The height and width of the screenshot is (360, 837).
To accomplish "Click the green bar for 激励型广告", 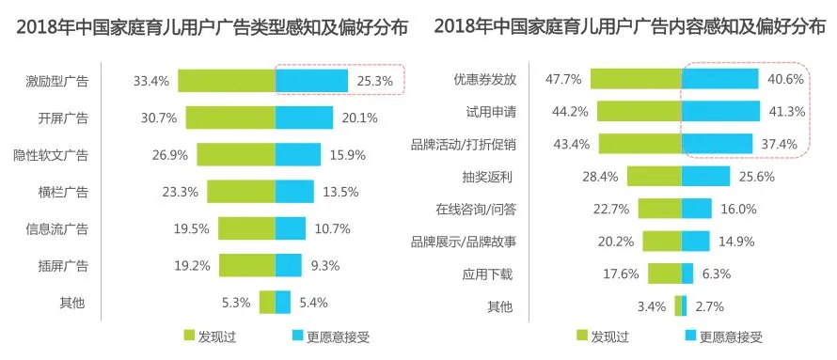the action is point(227,81).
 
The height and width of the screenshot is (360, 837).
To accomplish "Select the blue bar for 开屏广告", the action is point(305,117).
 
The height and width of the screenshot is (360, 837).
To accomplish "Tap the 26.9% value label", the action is point(169,155).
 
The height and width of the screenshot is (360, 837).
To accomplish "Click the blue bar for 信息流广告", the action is point(291,228).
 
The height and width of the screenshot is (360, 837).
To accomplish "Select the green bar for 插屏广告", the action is point(247,265).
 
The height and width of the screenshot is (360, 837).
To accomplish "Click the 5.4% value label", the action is point(313,303).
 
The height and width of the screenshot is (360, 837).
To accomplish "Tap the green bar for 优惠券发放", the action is point(636,79).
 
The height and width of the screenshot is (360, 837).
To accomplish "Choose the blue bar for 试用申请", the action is point(720,112).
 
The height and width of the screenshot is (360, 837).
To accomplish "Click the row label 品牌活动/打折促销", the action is point(464,145).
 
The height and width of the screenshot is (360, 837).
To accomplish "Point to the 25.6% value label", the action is point(757,177).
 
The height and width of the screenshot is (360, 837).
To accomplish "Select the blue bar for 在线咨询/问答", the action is point(697,209).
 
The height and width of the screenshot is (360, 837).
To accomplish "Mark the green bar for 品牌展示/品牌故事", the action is point(662,241).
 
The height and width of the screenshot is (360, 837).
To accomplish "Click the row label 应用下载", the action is point(487,274).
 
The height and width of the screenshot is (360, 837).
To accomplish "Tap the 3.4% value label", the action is point(651,306).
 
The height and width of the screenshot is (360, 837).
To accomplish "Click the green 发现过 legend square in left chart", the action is point(189,336).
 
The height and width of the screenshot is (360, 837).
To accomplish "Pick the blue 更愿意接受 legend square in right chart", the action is point(690,336).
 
